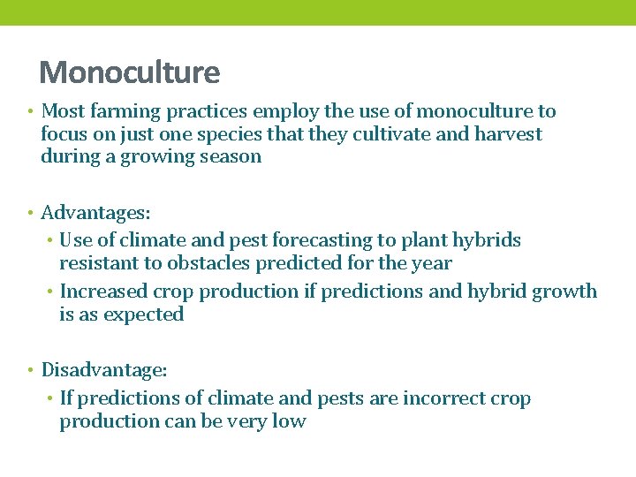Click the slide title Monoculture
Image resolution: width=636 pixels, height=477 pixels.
[x=129, y=72]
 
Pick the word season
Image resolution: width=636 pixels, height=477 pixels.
[x=231, y=157]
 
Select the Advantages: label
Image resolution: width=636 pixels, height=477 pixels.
[x=95, y=213]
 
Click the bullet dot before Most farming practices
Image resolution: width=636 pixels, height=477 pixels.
[x=30, y=112]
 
